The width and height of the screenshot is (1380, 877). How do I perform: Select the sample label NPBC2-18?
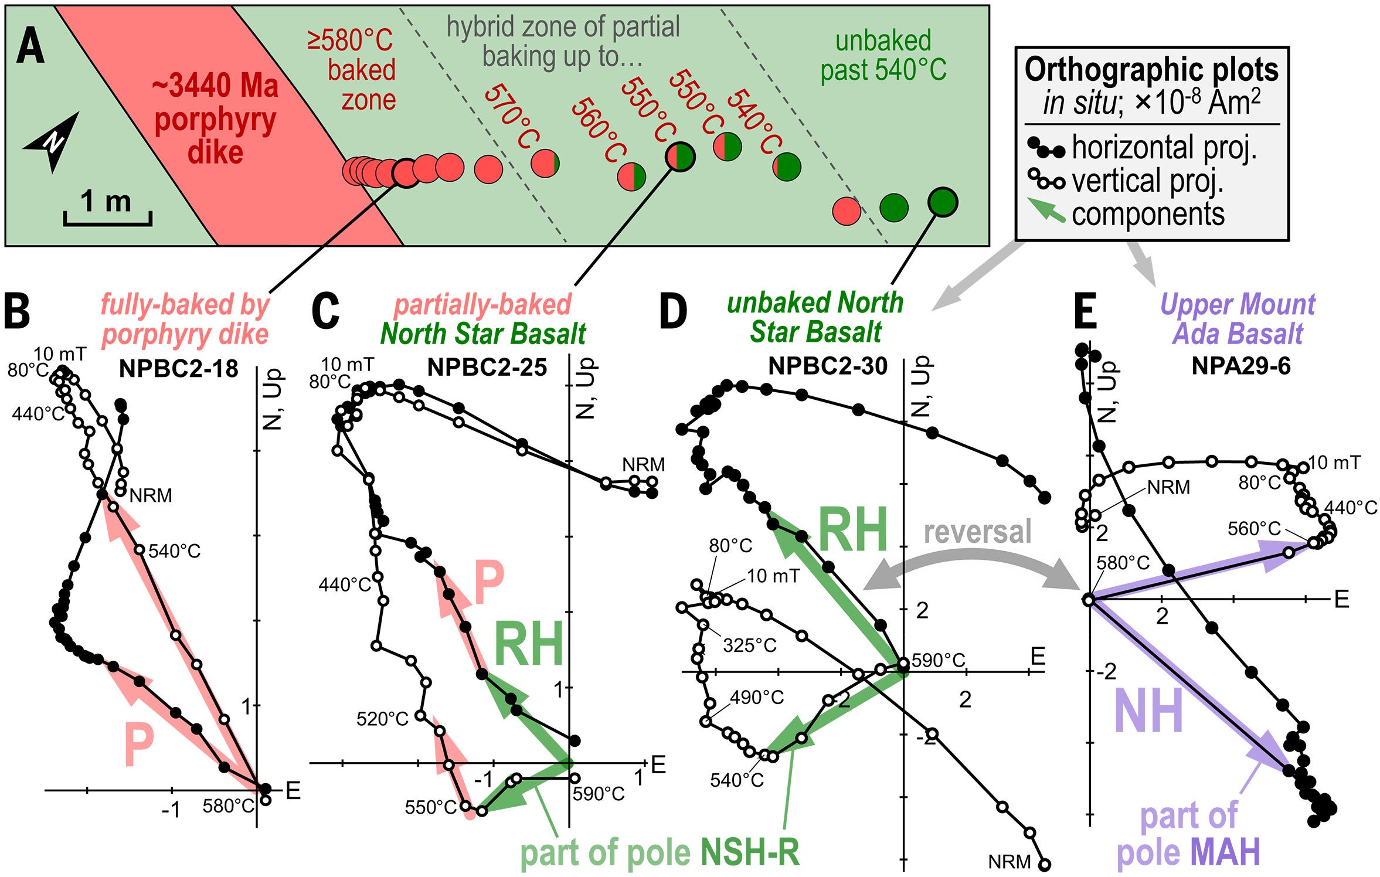coord(178,369)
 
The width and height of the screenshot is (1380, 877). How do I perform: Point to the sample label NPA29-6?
coord(1240,366)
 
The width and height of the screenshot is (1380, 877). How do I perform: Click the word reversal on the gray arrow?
coord(977,532)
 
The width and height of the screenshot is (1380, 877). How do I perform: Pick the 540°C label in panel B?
coord(174,551)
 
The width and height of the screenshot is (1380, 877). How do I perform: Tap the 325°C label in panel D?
coord(749,645)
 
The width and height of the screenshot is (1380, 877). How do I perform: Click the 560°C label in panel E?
coord(1254,529)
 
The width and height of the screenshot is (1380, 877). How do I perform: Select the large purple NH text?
coord(1148,711)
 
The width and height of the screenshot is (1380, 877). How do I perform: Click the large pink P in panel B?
coord(140,745)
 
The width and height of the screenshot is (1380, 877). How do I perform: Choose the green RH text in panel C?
coord(528,644)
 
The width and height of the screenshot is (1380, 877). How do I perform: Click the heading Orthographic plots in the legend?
coord(1151,70)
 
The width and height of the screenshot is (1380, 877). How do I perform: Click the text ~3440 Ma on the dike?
coord(215,86)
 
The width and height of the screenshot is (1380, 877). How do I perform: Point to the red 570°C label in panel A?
coord(511,115)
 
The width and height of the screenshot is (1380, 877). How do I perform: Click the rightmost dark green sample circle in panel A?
coord(943,202)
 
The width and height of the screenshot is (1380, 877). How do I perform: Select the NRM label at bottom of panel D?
coord(1009,862)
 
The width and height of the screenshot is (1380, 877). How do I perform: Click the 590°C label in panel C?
coord(599,794)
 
